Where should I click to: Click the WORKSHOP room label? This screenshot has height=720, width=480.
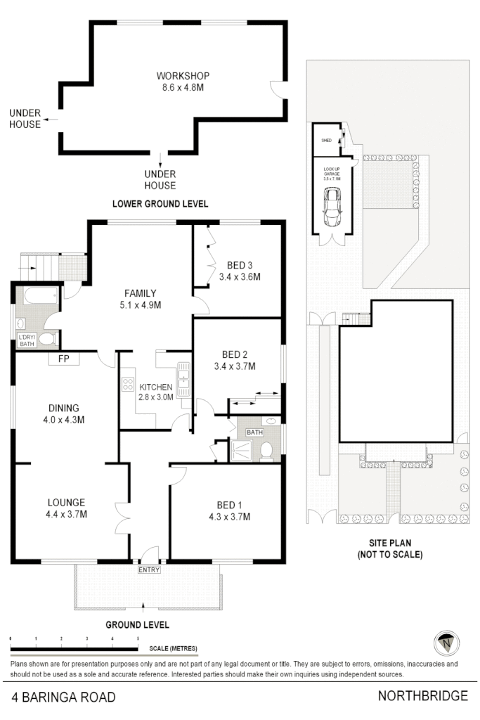[183, 76]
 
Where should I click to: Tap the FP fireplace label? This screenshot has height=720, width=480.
[63, 359]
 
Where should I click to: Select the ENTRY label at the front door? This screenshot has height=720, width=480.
[149, 570]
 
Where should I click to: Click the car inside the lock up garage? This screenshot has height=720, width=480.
[330, 208]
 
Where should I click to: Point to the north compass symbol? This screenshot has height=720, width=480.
[445, 642]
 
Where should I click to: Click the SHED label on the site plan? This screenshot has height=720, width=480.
[326, 141]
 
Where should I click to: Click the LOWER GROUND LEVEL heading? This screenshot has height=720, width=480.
[160, 204]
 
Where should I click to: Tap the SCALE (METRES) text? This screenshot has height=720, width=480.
[173, 648]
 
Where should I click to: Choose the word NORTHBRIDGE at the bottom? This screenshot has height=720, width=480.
[422, 696]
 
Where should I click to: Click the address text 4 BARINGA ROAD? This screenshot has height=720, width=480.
[63, 697]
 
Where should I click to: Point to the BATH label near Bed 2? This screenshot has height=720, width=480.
[254, 432]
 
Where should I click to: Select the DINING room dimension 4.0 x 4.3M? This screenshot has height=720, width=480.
[63, 420]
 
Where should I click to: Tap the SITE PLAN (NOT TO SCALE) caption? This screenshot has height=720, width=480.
[394, 548]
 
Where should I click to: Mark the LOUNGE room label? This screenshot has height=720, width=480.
[66, 502]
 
